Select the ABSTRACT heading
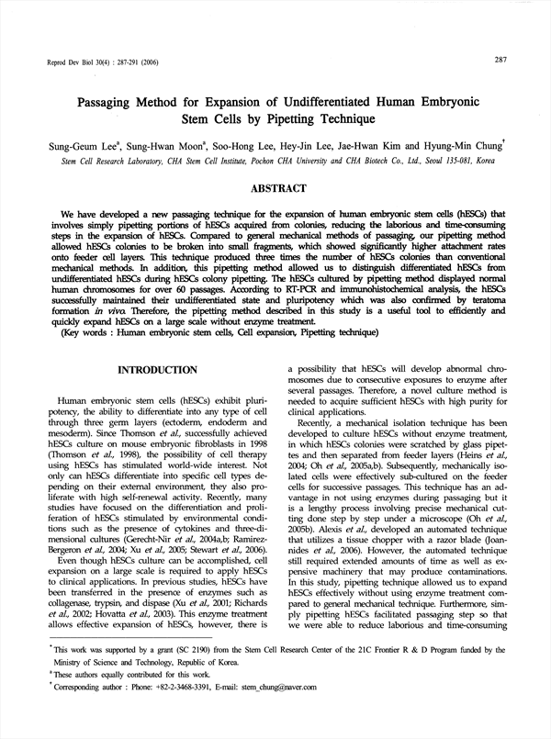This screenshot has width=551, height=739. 279,188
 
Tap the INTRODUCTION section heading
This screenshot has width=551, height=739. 153,370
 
